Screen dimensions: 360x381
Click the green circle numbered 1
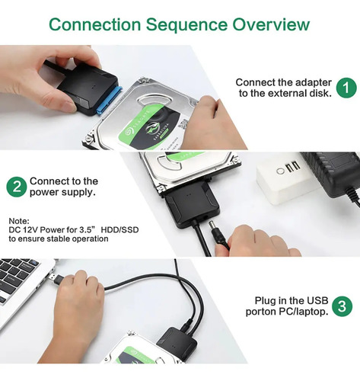point(346,88)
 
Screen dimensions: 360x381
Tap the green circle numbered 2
point(17,187)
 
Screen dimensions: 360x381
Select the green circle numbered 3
point(342,306)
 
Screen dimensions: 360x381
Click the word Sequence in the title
point(186,25)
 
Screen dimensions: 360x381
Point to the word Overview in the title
point(271,24)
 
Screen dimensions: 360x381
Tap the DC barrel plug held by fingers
point(217,234)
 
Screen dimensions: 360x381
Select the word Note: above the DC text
point(19,220)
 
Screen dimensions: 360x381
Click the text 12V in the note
point(30,230)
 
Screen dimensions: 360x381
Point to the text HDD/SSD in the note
point(119,230)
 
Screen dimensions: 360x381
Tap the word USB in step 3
point(317,300)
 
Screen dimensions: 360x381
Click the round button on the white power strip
point(280,171)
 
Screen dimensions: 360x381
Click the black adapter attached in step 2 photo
point(192,204)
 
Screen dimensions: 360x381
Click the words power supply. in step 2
point(62,192)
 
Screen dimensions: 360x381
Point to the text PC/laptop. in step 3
point(304,312)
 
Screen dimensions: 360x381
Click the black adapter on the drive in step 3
point(177,344)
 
